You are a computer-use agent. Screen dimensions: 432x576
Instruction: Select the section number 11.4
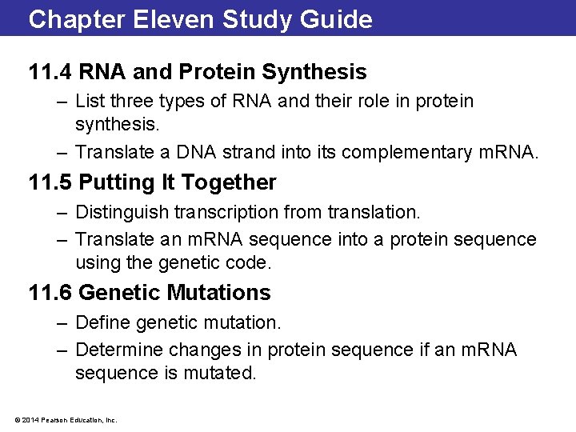pyautogui.click(x=50, y=72)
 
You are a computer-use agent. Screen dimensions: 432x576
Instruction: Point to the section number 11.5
pyautogui.click(x=50, y=182)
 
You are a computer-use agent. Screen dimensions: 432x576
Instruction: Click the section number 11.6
pyautogui.click(x=50, y=293)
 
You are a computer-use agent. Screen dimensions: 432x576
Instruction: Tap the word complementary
pyautogui.click(x=413, y=152)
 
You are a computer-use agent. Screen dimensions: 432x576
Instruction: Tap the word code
pyautogui.click(x=253, y=262)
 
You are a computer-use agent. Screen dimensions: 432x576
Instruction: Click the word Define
pyautogui.click(x=100, y=323)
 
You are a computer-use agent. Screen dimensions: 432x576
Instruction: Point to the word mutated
pyautogui.click(x=223, y=373)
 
